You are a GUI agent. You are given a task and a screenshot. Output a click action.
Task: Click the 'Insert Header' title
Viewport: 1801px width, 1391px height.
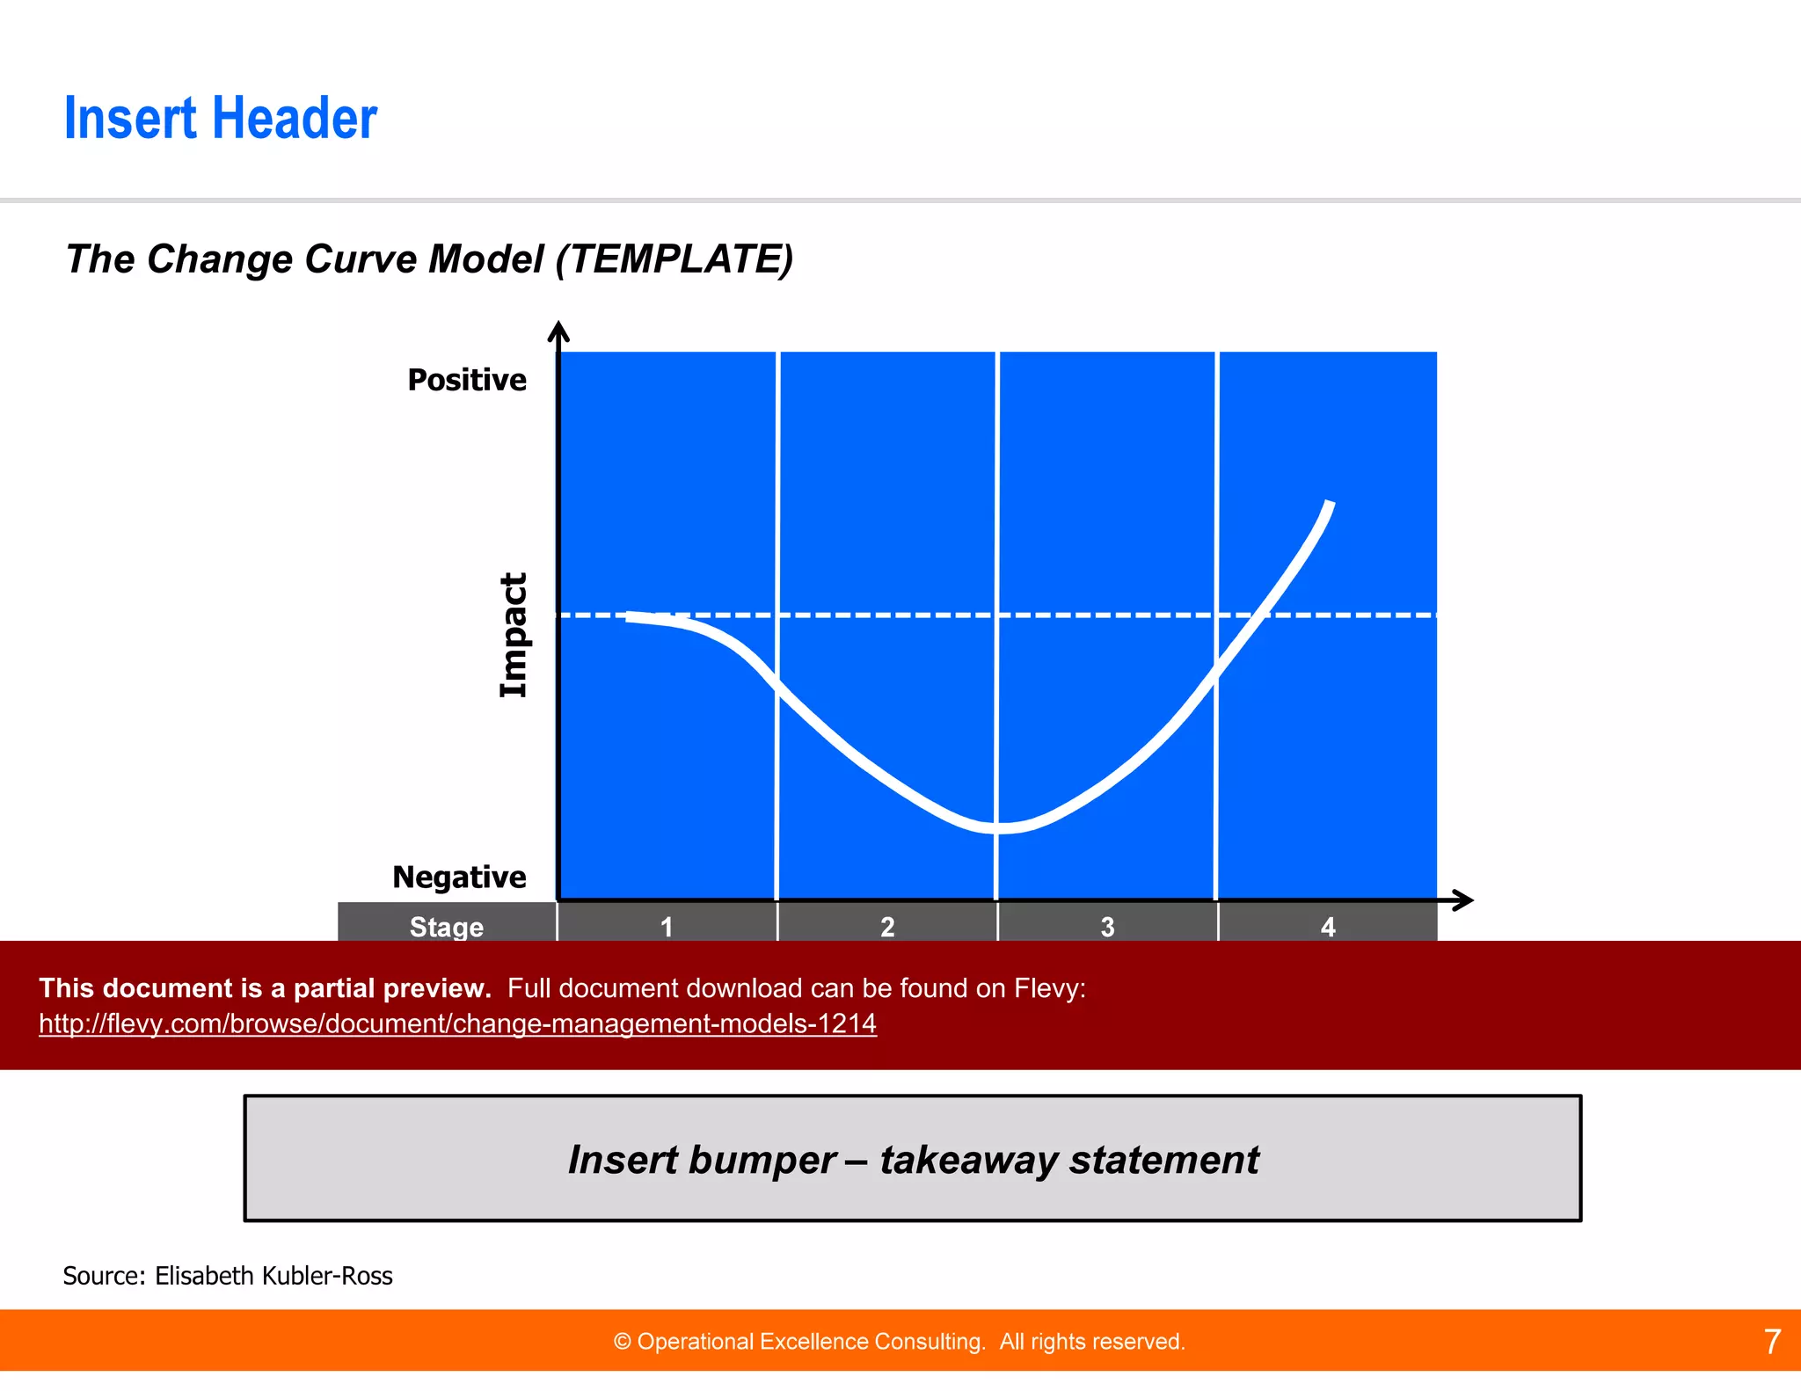220,119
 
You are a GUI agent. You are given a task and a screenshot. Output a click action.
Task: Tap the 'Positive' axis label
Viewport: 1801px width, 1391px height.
467,380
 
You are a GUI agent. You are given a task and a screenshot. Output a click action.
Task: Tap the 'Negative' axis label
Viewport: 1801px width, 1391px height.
459,877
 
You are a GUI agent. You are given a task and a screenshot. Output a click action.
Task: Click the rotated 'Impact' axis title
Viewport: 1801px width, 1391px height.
514,635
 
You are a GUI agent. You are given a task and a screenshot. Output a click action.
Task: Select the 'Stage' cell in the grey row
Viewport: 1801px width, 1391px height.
447,926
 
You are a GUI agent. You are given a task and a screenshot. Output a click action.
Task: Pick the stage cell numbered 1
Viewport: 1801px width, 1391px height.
667,926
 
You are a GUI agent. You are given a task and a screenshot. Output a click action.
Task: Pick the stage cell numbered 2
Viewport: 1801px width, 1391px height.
887,926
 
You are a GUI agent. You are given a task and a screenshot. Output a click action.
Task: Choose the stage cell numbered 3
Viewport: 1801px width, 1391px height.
1107,926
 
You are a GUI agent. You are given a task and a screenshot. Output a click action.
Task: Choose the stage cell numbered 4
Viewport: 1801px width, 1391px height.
1328,926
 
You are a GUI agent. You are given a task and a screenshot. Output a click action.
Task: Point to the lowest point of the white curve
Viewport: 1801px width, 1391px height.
1001,827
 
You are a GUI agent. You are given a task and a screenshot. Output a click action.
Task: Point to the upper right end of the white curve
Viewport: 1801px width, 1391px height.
1330,505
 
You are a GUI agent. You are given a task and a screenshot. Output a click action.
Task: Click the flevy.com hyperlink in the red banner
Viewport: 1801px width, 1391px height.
457,1023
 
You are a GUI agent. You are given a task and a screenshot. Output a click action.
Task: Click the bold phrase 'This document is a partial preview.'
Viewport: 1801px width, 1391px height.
265,988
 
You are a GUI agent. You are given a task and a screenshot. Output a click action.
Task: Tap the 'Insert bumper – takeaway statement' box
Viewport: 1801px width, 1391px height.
912,1159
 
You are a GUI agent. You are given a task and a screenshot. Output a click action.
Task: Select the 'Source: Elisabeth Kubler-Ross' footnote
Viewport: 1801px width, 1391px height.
228,1276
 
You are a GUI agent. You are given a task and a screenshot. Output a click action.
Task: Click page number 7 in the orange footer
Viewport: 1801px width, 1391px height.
1772,1341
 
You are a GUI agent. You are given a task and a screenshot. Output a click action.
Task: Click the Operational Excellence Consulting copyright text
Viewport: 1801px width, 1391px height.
899,1342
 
